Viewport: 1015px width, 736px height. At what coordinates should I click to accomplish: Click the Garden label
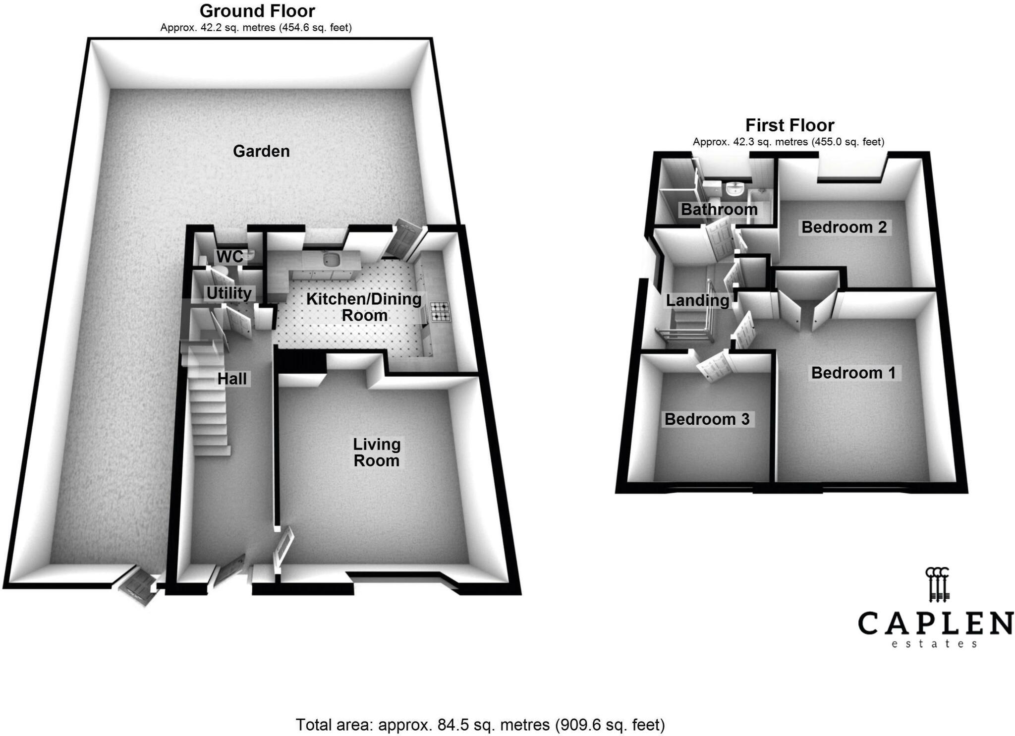(261, 151)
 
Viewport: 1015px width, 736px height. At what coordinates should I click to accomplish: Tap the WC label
(229, 257)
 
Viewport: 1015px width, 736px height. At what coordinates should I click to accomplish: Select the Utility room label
(229, 293)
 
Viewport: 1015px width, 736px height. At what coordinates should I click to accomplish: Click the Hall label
(232, 379)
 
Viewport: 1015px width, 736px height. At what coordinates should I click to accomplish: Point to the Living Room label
(377, 453)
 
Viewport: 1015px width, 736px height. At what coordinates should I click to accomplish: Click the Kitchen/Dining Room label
(364, 307)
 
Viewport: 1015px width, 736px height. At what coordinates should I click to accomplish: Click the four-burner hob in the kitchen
(440, 311)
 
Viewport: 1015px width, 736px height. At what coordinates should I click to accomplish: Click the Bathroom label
(719, 210)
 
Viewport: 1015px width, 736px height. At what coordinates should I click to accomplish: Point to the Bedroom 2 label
(844, 227)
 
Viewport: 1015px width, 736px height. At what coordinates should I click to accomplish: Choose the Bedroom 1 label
(853, 373)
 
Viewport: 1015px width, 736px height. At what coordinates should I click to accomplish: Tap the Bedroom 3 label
(707, 419)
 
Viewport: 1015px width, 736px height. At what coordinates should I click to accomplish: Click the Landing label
(697, 300)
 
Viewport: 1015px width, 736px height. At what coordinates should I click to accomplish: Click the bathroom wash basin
(733, 189)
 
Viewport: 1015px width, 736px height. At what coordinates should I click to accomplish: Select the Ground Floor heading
(257, 11)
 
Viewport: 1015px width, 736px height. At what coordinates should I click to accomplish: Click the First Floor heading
(790, 125)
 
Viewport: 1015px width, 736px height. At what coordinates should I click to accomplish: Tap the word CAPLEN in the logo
(935, 623)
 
